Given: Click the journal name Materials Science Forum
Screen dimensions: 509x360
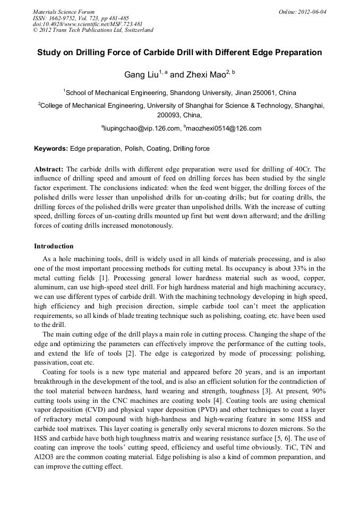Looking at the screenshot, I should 64,12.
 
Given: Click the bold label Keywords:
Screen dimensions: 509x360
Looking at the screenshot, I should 51,149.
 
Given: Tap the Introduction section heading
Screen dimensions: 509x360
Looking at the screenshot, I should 54,246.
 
